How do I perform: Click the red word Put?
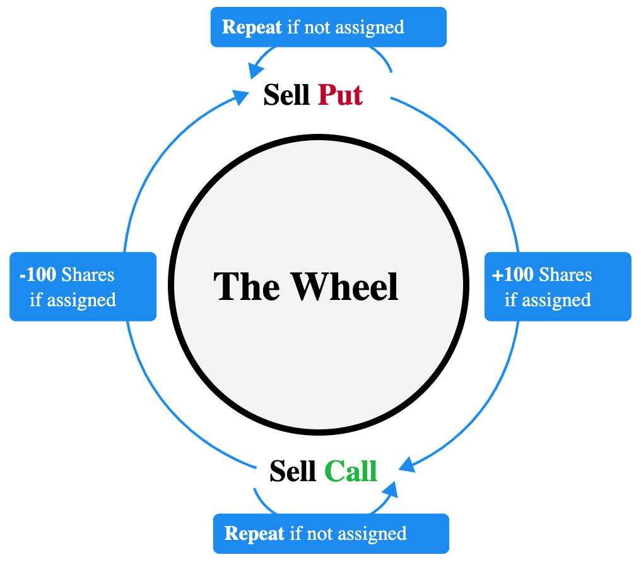coord(340,95)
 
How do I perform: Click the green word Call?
coord(351,471)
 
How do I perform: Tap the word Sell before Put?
coord(286,95)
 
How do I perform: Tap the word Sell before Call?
coord(293,471)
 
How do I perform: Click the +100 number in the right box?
coord(512,275)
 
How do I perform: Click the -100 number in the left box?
coord(38,275)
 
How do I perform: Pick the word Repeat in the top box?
coord(252,27)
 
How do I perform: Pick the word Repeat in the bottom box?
coord(254,534)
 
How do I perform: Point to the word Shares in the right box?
coord(565,275)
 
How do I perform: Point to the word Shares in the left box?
coord(88,275)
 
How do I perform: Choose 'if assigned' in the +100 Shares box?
coord(547,299)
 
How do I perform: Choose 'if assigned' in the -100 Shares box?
coord(73,299)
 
